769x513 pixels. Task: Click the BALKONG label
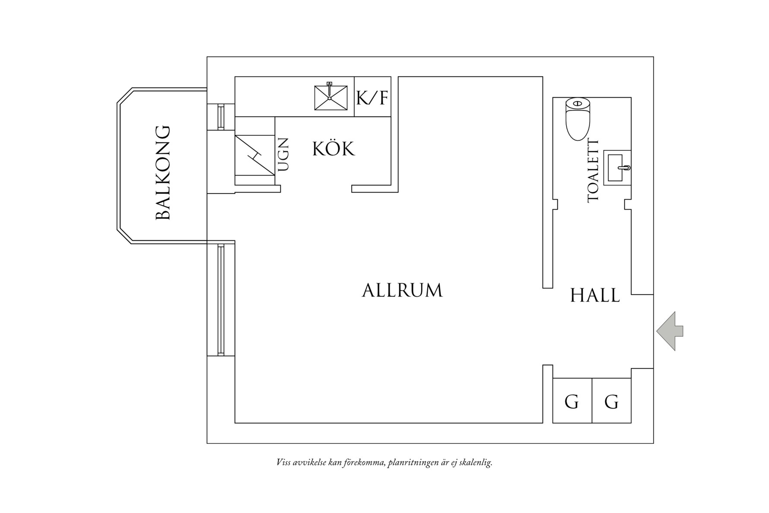point(163,173)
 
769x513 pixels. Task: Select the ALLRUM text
point(402,290)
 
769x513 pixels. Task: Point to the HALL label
point(595,296)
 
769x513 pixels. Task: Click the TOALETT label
point(593,170)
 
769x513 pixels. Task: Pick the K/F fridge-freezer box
point(372,97)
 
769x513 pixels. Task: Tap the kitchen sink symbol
point(330,97)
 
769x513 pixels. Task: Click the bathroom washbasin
point(617,168)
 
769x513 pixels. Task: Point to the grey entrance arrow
point(670,331)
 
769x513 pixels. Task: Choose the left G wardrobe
point(572,401)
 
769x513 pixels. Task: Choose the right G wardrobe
point(611,401)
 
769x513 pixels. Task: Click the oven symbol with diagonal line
point(255,155)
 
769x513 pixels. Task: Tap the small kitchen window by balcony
point(221,117)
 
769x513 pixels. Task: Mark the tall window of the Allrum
point(221,300)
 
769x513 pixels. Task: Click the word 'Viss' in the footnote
point(283,463)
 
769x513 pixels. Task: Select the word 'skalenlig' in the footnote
point(478,463)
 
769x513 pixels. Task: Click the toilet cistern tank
point(578,103)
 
